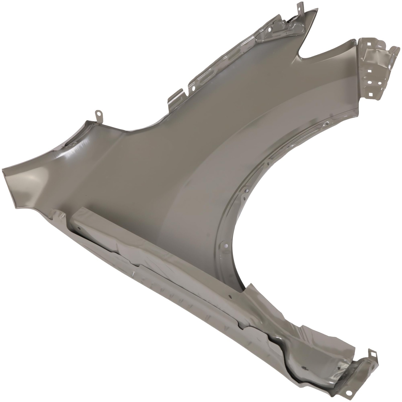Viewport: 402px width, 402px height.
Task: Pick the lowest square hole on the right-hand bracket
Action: point(370,94)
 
